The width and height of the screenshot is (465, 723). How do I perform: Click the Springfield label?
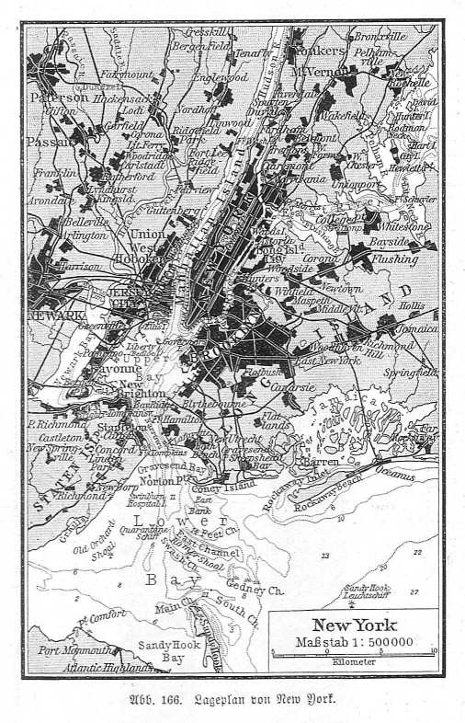pos(412,373)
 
